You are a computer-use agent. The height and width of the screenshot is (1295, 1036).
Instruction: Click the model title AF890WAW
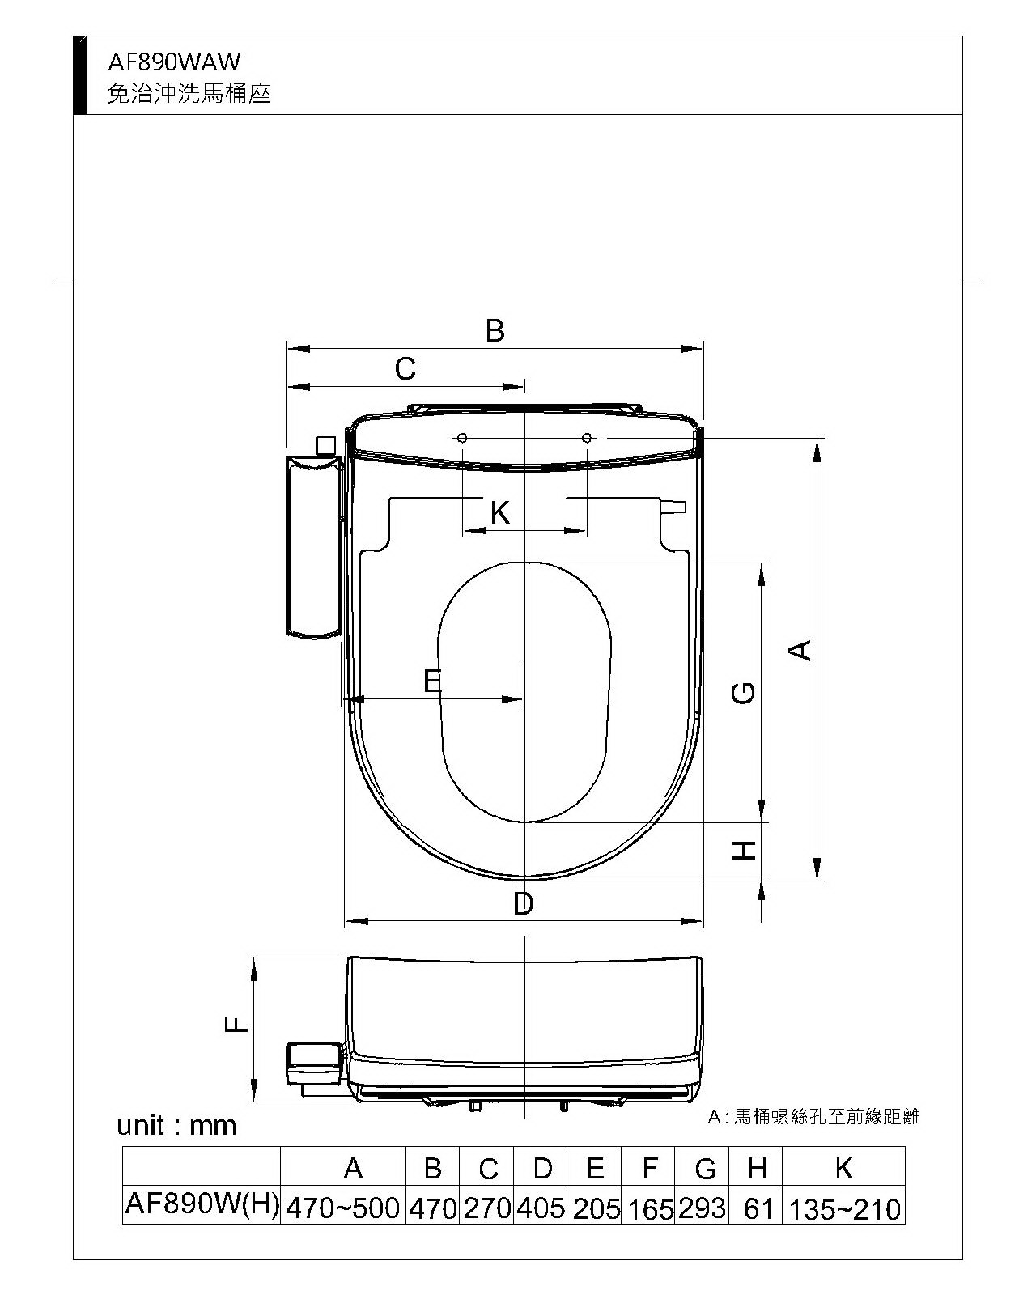point(174,62)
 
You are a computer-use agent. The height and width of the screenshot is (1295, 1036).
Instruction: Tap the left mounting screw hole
point(462,438)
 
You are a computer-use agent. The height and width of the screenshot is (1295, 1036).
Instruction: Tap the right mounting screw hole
point(588,438)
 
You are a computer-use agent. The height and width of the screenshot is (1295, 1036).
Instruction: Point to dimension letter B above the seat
point(495,330)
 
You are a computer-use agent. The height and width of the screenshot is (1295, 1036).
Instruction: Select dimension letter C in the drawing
point(405,368)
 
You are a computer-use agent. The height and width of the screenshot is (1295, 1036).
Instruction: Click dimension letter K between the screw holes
point(500,512)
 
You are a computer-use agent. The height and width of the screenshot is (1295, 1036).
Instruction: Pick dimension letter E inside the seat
point(432,681)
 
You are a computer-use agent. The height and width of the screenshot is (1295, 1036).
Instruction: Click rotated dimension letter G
point(743,694)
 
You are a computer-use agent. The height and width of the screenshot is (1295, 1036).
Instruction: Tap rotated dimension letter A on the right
point(800,651)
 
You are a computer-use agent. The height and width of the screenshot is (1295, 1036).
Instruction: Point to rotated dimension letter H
point(744,851)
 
